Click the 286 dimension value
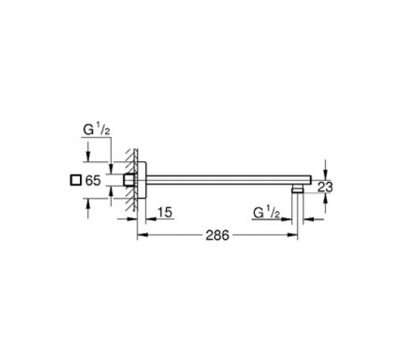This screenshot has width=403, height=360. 217,235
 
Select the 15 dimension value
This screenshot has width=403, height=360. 165,212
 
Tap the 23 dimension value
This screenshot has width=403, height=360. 325,187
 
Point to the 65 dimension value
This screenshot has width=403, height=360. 93,180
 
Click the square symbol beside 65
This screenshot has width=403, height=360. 76,180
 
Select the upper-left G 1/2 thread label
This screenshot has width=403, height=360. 96,130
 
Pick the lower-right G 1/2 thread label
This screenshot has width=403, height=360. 266,212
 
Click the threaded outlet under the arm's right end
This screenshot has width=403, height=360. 298,189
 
